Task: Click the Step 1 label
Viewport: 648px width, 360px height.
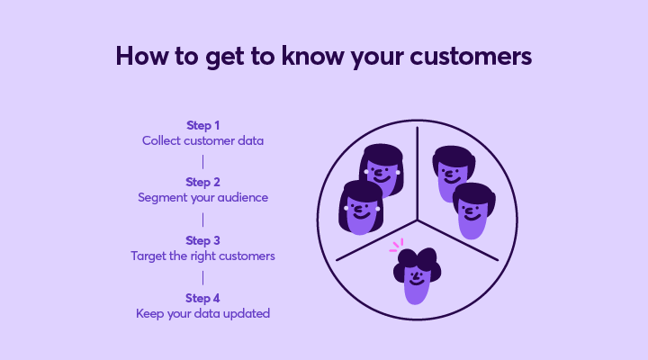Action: (x=202, y=125)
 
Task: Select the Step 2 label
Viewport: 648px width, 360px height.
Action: (x=202, y=182)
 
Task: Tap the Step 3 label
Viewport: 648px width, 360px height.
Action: (x=202, y=240)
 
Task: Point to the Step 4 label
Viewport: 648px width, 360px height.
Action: (x=202, y=298)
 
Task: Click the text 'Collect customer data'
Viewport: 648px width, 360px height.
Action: (x=202, y=140)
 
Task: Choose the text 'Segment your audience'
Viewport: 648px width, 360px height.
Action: (x=202, y=198)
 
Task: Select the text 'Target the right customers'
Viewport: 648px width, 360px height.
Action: (x=202, y=256)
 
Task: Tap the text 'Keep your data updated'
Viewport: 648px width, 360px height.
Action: (x=202, y=314)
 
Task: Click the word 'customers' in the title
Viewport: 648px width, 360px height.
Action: (x=471, y=57)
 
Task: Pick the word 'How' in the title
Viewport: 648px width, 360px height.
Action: (x=142, y=56)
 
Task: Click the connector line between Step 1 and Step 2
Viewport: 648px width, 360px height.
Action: (x=202, y=162)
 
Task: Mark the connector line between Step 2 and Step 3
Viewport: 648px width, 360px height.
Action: (x=202, y=220)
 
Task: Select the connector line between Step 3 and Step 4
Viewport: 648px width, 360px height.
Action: (x=202, y=278)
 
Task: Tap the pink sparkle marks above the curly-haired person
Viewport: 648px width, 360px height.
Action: (x=396, y=246)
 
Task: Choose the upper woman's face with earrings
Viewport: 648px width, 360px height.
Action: (x=382, y=169)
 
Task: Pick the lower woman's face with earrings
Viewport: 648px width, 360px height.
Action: (x=360, y=208)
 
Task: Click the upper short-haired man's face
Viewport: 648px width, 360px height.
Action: (x=454, y=173)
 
